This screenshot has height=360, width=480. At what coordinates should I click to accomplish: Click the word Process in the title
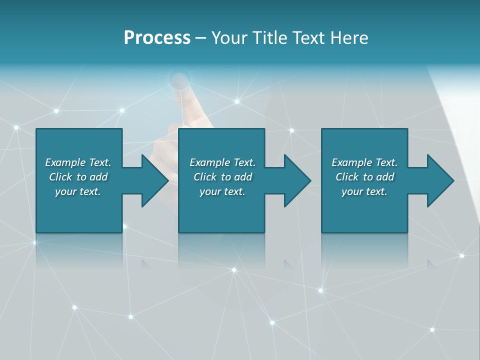tap(157, 38)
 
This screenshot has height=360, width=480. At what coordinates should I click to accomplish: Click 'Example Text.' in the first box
tap(78, 162)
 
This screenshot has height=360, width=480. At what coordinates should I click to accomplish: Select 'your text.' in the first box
tap(78, 191)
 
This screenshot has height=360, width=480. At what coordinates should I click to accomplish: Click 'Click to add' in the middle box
tap(222, 177)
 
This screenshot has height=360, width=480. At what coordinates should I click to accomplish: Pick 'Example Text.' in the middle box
tap(222, 162)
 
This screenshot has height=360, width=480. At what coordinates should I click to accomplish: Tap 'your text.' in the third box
tap(364, 191)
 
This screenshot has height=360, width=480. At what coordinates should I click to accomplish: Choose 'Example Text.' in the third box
tap(364, 162)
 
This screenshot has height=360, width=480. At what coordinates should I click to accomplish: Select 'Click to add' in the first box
tap(78, 177)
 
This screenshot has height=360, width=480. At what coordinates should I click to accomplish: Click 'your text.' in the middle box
tap(222, 191)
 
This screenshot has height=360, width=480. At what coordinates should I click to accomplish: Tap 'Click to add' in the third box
tap(364, 177)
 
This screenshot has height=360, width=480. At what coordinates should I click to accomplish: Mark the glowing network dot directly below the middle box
tap(233, 270)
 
